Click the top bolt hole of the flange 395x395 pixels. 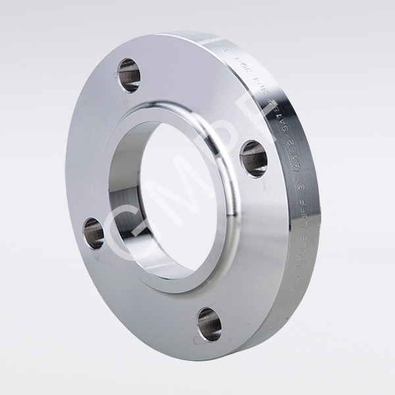click(x=129, y=74)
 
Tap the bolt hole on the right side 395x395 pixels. click(x=253, y=158)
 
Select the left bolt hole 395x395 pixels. click(x=93, y=233)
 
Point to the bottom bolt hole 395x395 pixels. click(x=209, y=324)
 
